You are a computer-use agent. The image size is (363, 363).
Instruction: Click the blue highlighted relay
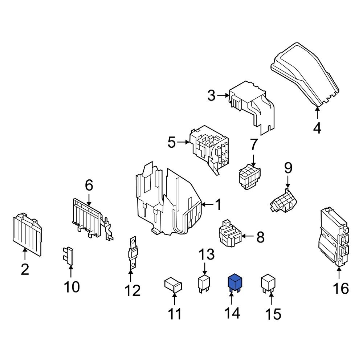pyautogui.click(x=234, y=282)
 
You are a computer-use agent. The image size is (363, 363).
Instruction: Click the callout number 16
pyautogui.click(x=341, y=289)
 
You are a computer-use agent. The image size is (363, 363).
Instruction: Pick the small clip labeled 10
pyautogui.click(x=69, y=256)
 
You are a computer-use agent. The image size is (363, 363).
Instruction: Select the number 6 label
pyautogui.click(x=89, y=185)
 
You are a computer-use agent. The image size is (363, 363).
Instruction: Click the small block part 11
pyautogui.click(x=173, y=284)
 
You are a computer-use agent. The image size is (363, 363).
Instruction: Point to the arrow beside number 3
pyautogui.click(x=222, y=96)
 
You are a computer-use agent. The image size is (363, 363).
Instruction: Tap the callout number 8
pyautogui.click(x=260, y=237)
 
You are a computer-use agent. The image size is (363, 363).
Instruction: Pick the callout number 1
pyautogui.click(x=218, y=205)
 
